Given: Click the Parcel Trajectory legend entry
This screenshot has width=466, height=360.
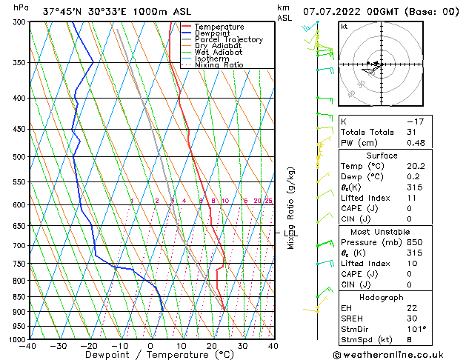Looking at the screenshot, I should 228,40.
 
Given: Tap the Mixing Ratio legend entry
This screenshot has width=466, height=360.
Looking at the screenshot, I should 219,65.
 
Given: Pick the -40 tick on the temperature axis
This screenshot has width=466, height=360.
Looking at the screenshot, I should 29,346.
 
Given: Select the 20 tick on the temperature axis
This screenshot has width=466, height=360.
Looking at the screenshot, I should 212,346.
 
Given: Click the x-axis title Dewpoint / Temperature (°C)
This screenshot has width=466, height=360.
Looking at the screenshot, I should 151,355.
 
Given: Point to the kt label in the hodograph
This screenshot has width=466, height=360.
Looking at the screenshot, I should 344,27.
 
